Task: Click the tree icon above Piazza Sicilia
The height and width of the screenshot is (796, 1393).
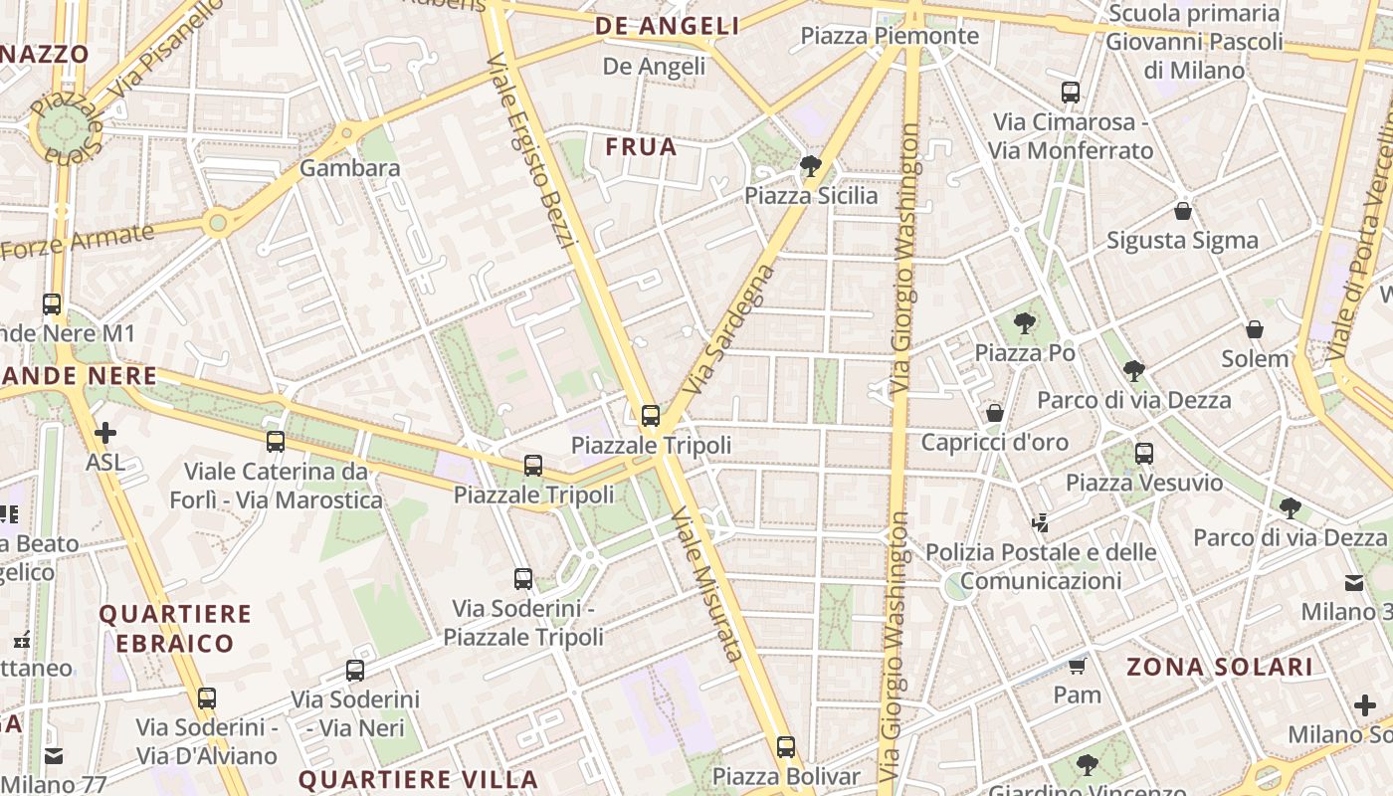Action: click(x=811, y=165)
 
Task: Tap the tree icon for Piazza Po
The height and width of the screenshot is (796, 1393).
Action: click(x=1024, y=323)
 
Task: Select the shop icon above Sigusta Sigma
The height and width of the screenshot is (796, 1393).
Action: click(x=1183, y=211)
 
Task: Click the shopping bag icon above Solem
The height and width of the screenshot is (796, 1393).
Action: click(x=1255, y=329)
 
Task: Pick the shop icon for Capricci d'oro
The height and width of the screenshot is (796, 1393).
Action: click(x=994, y=413)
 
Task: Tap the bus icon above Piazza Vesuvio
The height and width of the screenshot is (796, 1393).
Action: click(x=1144, y=454)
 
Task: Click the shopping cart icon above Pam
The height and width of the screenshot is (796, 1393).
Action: click(x=1077, y=666)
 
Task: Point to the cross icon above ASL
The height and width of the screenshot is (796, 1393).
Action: click(x=104, y=433)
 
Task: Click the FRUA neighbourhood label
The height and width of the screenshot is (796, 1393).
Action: click(x=641, y=147)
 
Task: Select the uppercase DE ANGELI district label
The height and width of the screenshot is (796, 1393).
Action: click(x=668, y=27)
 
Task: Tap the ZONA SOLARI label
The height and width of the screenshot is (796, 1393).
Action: click(x=1220, y=667)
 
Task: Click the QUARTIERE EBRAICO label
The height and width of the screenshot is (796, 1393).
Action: click(x=175, y=628)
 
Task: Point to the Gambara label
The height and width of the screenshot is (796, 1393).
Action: click(x=350, y=168)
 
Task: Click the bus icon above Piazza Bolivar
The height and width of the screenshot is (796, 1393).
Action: click(x=786, y=746)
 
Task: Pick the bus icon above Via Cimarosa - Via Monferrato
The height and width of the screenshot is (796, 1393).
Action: click(x=1071, y=93)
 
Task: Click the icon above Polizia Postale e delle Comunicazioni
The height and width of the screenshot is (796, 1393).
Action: click(x=1041, y=522)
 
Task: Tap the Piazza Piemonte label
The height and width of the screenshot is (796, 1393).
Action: click(x=890, y=37)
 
